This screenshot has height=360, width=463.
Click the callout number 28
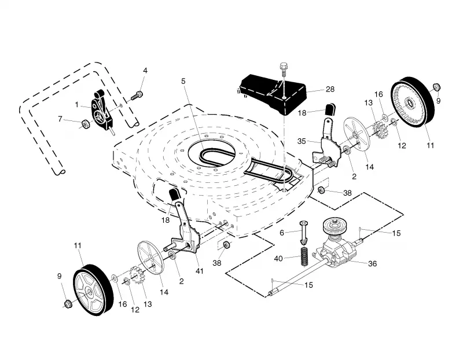[330, 89]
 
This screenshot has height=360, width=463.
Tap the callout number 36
[372, 263]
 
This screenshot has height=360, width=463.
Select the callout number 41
[200, 271]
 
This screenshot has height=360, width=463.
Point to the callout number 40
[278, 259]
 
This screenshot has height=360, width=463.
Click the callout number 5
[183, 81]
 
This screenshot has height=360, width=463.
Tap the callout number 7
[60, 119]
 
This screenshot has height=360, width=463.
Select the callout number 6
[282, 233]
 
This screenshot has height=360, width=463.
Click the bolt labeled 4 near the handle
[137, 95]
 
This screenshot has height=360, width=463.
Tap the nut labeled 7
[86, 124]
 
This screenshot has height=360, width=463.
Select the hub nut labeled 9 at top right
[437, 87]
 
